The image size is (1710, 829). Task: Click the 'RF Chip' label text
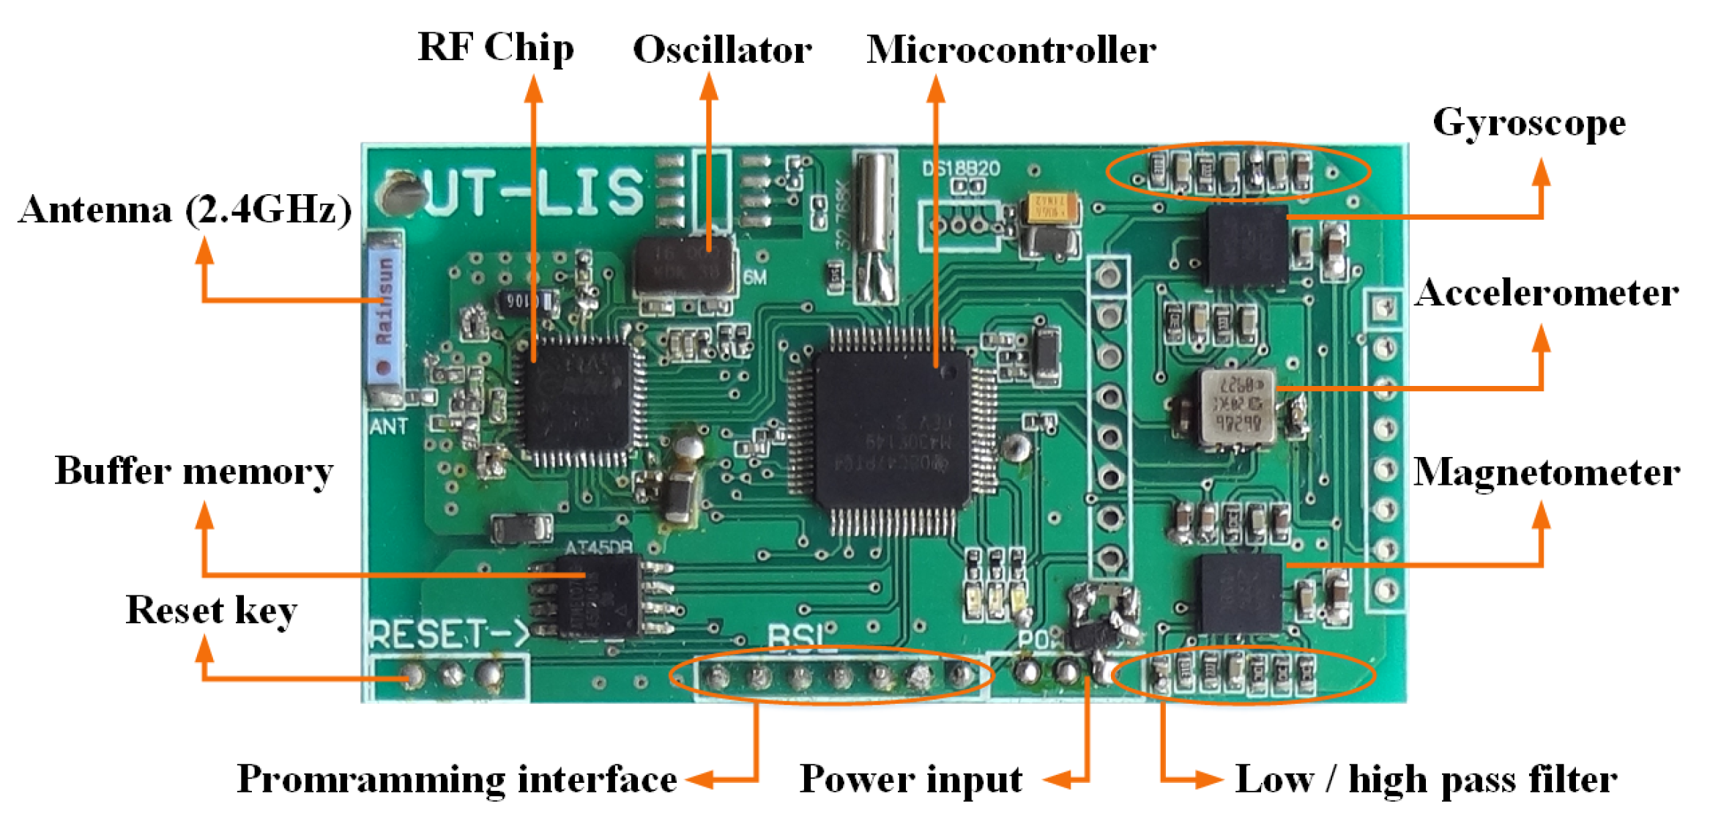coord(496,48)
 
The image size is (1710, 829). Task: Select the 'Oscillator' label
coord(722,50)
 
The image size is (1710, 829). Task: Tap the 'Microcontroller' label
coord(1011,50)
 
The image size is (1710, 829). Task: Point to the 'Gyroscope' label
coord(1529,122)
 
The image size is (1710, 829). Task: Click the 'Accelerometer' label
coord(1546,293)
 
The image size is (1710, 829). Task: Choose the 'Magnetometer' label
coord(1546,472)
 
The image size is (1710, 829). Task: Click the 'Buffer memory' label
coord(194,471)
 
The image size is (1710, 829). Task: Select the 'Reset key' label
coord(211,610)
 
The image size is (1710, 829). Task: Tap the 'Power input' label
coord(911,778)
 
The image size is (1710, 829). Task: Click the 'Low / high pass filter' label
coord(1426,778)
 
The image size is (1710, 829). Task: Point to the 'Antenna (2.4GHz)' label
coord(185,210)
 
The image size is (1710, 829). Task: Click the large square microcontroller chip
coord(891,428)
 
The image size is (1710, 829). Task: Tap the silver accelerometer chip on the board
coord(1237,407)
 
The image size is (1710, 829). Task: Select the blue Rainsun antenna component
coord(384,315)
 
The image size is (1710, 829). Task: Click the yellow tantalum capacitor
coord(1052,208)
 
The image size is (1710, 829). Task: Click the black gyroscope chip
coord(1247,246)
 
